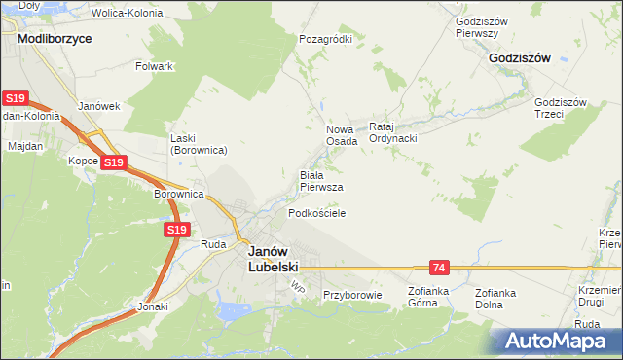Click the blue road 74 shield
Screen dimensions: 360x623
(x=439, y=267)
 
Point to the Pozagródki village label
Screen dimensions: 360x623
(x=325, y=39)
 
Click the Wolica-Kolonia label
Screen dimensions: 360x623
(x=126, y=14)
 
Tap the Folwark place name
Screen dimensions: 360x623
(x=155, y=66)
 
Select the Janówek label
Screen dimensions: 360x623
(x=98, y=106)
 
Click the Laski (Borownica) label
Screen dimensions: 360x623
(x=199, y=144)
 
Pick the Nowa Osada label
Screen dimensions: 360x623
(x=341, y=134)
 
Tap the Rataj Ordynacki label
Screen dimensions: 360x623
(x=393, y=132)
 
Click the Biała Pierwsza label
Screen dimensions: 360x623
(x=320, y=181)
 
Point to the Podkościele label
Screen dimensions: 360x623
(x=316, y=212)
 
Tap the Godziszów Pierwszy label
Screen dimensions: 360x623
(x=477, y=26)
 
